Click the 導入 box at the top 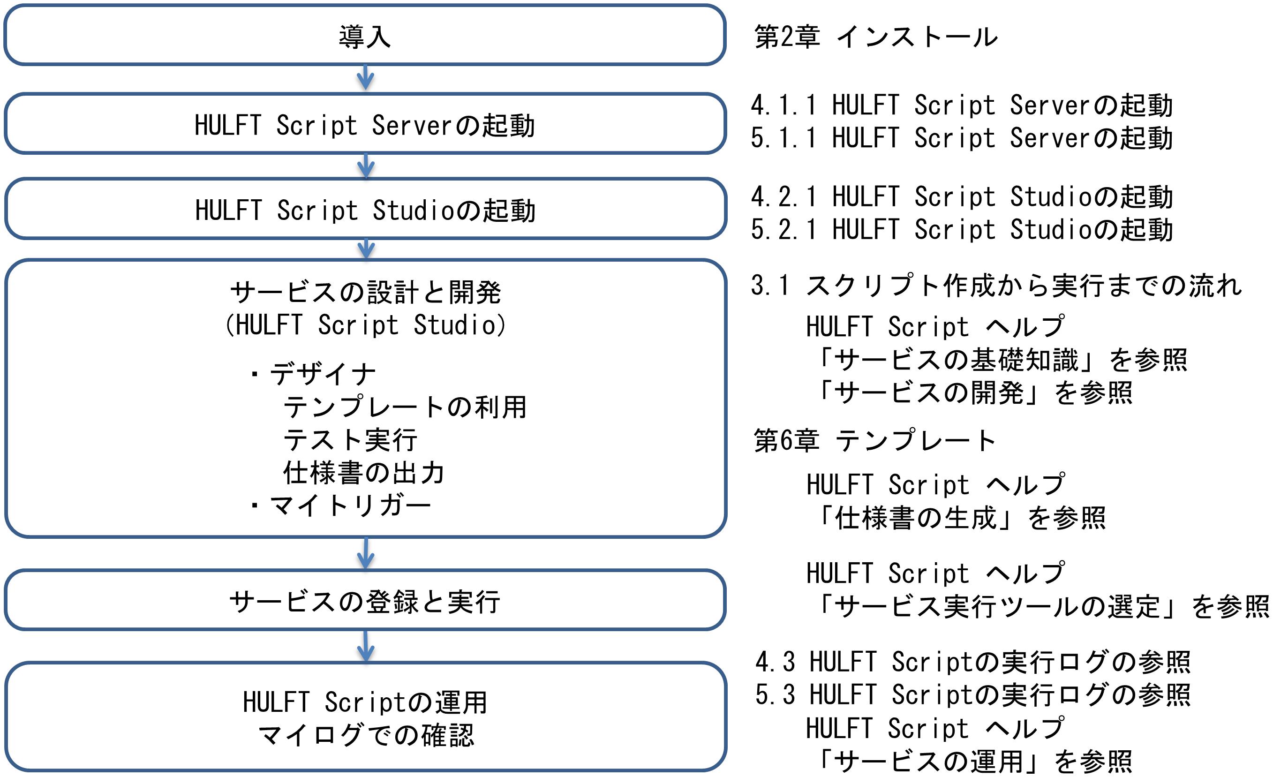(365, 35)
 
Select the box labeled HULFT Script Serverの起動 (365, 124)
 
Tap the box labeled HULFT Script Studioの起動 (366, 209)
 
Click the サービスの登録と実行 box (365, 601)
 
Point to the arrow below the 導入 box (365, 78)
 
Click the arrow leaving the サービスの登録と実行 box (366, 646)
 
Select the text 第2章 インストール (875, 37)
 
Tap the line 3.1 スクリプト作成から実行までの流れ (996, 286)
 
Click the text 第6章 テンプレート (874, 440)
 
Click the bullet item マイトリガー (339, 506)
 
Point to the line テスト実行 (350, 440)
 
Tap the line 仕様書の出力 (364, 473)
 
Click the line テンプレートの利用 (405, 407)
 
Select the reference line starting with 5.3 (972, 695)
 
